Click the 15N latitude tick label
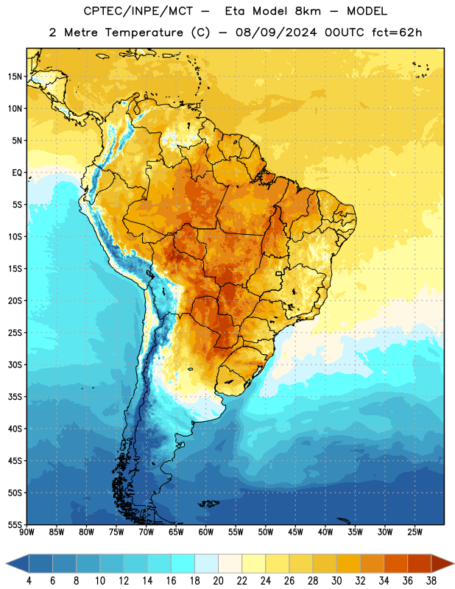tap(15, 77)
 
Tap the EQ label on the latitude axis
tap(17, 173)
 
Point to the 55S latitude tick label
tap(15, 524)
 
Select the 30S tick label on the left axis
tap(15, 364)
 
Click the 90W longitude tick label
tap(27, 532)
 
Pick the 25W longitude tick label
tap(415, 532)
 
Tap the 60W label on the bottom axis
tap(206, 532)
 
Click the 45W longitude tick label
tap(296, 532)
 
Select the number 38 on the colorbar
tap(431, 581)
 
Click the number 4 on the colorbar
tap(29, 581)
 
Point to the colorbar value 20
tap(218, 581)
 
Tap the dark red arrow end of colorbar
tap(442, 563)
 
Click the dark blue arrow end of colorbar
tap(18, 563)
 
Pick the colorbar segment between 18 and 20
tap(206, 563)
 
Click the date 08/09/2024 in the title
tap(276, 32)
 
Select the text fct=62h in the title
tap(397, 32)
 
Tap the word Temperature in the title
tap(144, 32)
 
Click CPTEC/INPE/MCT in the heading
tap(138, 11)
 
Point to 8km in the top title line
tap(308, 11)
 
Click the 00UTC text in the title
tap(345, 32)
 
